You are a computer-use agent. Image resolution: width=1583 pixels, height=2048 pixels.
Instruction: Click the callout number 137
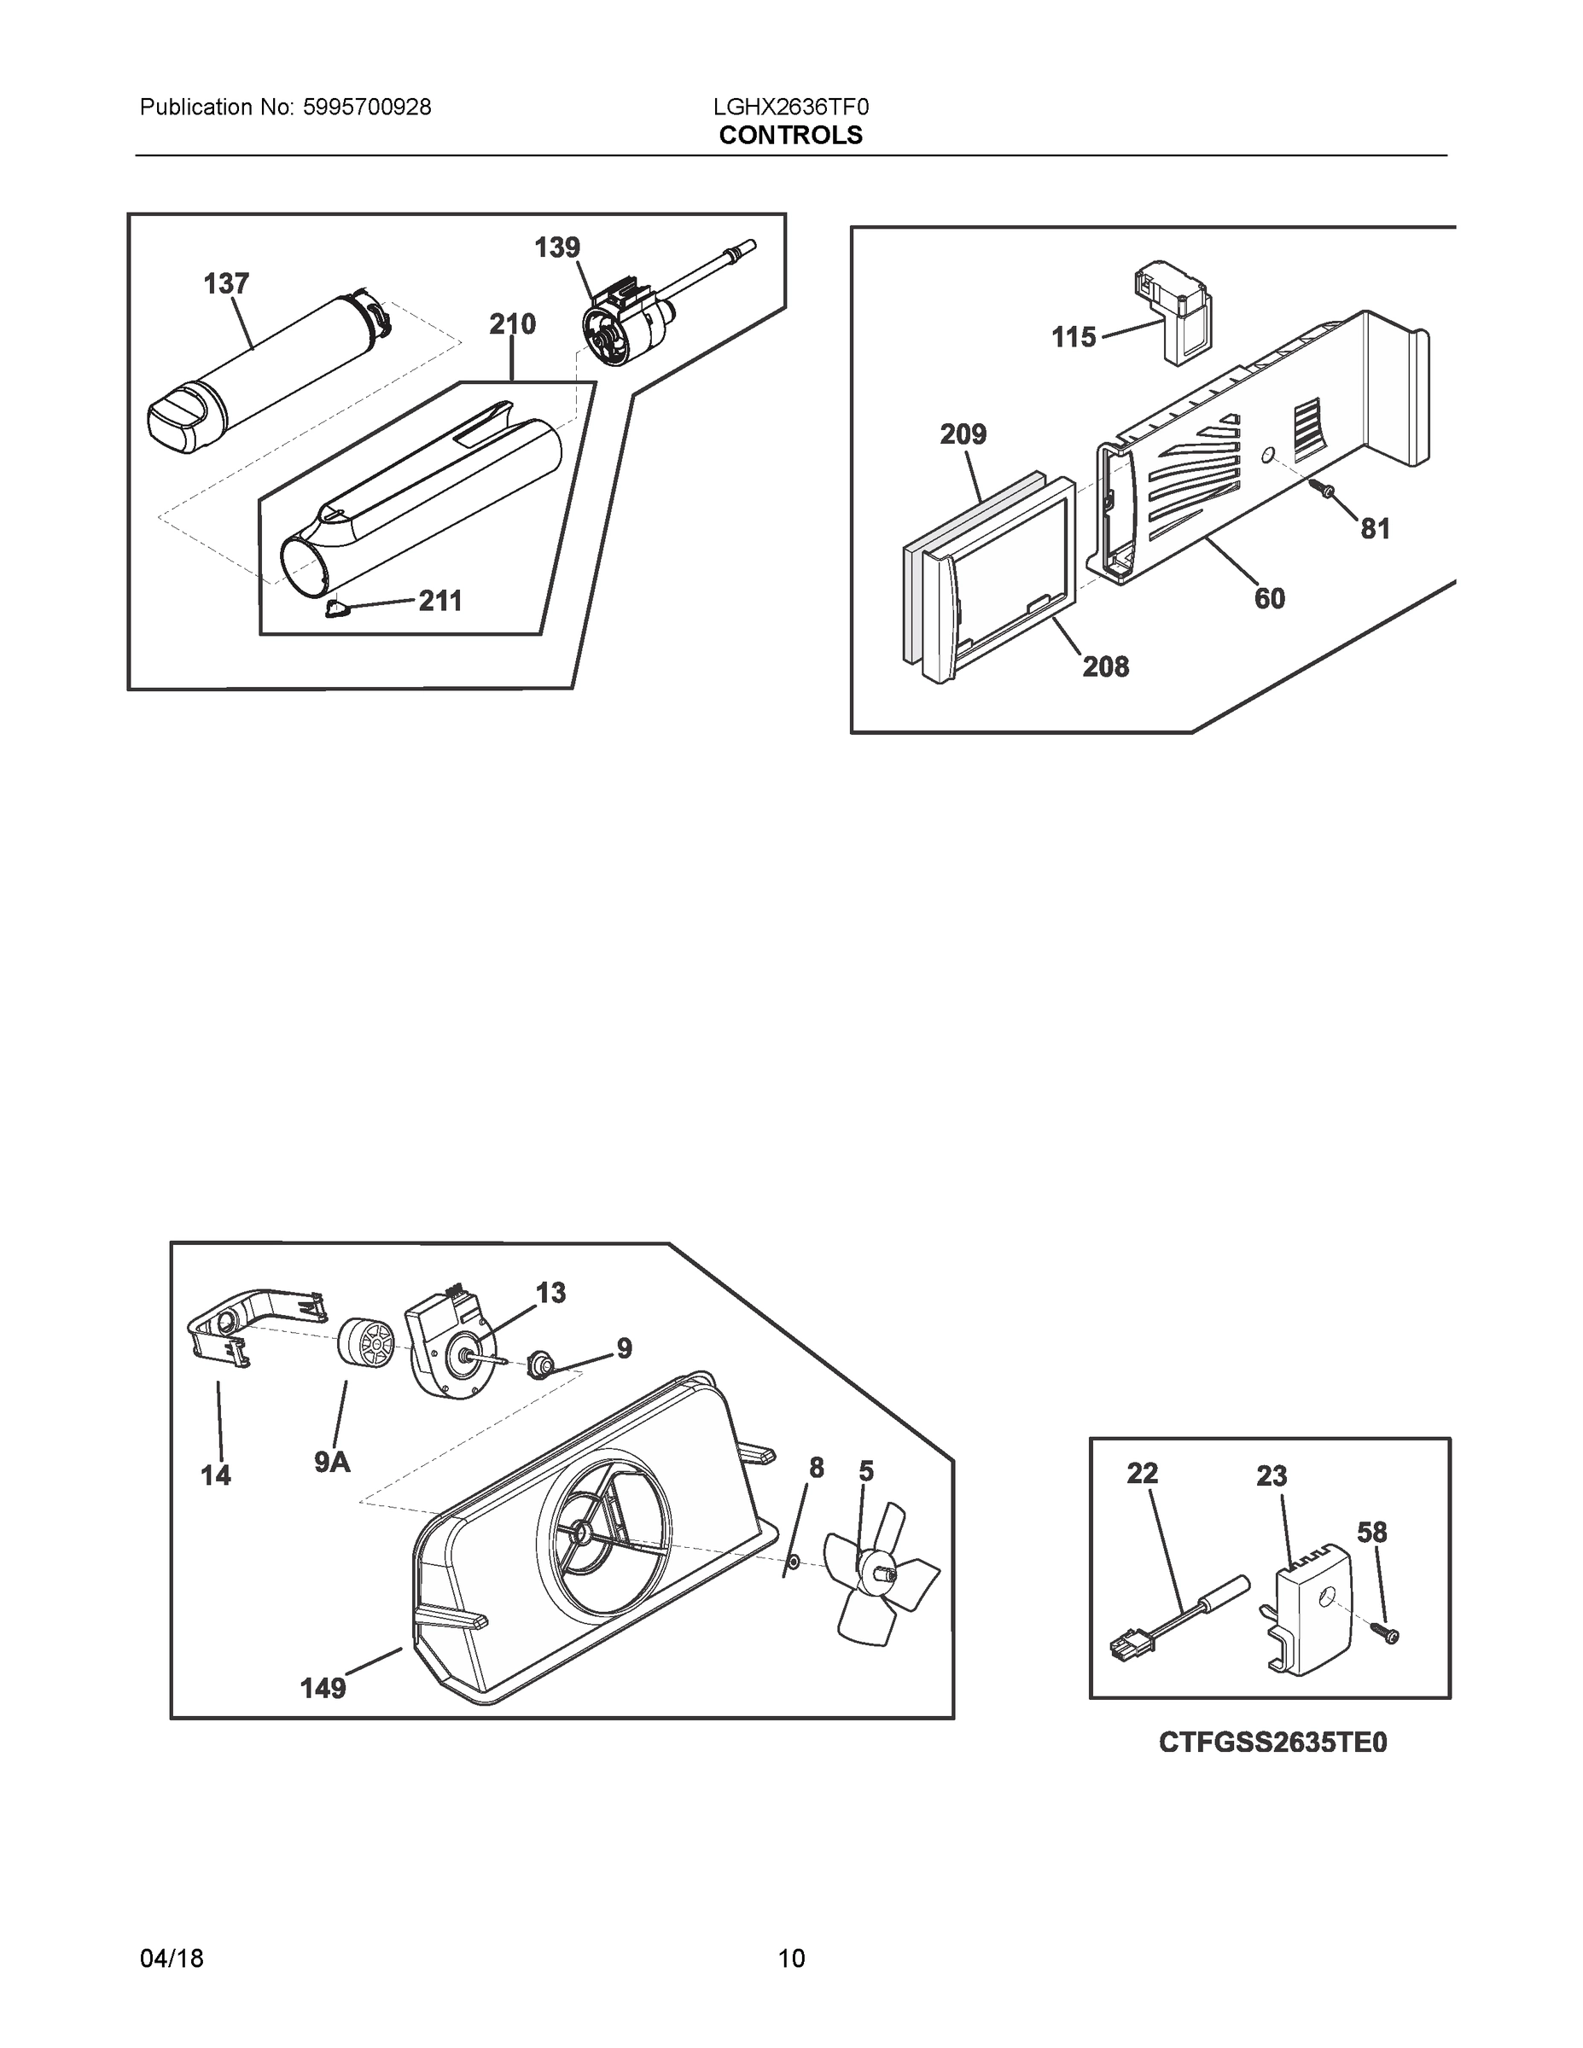pyautogui.click(x=226, y=283)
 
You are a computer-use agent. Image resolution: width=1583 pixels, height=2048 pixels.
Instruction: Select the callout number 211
pyautogui.click(x=439, y=600)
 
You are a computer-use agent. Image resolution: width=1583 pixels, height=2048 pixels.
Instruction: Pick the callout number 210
pyautogui.click(x=512, y=324)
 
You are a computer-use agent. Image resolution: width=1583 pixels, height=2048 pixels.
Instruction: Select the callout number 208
pyautogui.click(x=1106, y=666)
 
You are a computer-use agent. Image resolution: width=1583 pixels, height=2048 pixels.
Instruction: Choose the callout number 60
pyautogui.click(x=1269, y=598)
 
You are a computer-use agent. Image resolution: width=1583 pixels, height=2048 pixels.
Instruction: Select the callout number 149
pyautogui.click(x=323, y=1689)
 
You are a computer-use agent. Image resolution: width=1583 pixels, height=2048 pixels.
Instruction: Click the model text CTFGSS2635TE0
pyautogui.click(x=1272, y=1743)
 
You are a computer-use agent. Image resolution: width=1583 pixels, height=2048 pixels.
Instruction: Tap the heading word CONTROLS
pyautogui.click(x=790, y=135)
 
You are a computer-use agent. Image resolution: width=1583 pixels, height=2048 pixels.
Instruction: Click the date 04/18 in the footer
pyautogui.click(x=172, y=1958)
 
